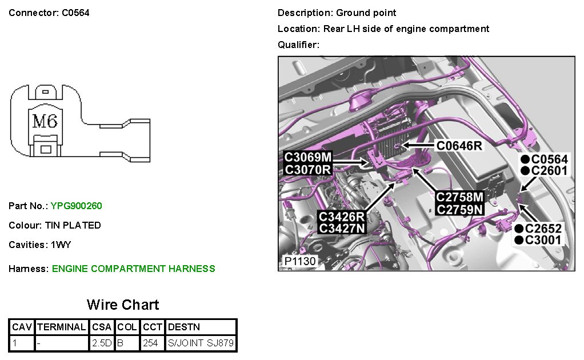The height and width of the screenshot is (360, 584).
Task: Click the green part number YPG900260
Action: (77, 206)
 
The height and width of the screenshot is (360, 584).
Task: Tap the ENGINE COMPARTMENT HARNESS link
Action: (133, 269)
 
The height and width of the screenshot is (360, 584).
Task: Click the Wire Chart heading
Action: (123, 305)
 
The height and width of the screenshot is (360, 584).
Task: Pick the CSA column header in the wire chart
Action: (102, 327)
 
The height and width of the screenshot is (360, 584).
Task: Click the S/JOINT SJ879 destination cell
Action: (201, 343)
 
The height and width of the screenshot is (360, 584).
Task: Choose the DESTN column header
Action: (183, 327)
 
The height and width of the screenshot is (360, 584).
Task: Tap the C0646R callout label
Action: (459, 146)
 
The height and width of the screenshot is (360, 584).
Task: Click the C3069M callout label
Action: (308, 157)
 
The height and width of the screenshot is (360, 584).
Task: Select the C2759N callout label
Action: (459, 209)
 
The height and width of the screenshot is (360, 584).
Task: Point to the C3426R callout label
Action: (342, 217)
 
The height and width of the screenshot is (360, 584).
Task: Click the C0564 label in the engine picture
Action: (549, 159)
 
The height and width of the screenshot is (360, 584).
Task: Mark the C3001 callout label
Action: (543, 239)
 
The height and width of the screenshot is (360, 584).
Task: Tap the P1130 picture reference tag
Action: (300, 262)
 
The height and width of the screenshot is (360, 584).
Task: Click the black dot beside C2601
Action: (524, 170)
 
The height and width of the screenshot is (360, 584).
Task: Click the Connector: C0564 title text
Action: (49, 13)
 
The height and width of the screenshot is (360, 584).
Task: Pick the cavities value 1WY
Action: (63, 245)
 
